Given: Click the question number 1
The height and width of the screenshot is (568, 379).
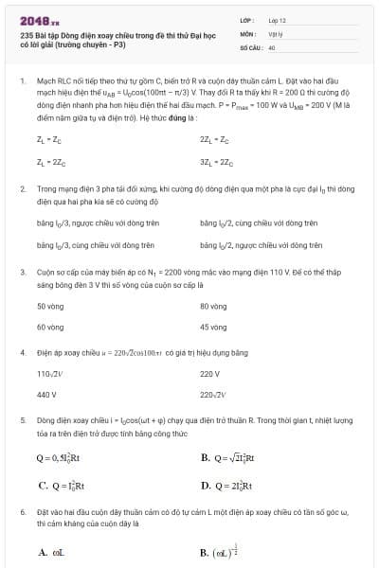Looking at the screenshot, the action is click(22, 82).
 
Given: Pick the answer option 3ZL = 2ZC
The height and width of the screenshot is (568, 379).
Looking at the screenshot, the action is click(216, 162).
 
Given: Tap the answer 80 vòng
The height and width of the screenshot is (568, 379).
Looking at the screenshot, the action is click(213, 306).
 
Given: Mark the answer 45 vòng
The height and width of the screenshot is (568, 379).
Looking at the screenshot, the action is click(213, 327).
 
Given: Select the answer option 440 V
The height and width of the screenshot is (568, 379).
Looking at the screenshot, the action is click(46, 394).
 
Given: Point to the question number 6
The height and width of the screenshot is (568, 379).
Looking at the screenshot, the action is click(22, 509).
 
